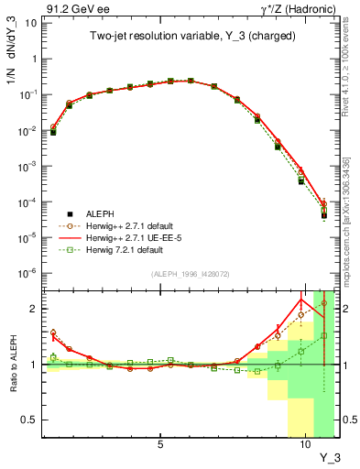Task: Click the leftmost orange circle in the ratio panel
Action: (x=53, y=333)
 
